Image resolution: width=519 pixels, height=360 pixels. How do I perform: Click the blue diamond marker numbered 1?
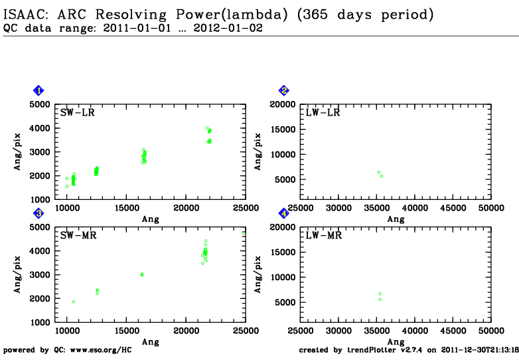tap(38, 90)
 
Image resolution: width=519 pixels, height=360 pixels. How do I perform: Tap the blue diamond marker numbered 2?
tap(284, 90)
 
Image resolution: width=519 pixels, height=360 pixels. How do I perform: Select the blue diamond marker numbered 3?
tap(38, 213)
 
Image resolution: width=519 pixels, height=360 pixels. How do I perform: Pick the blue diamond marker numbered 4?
tap(284, 213)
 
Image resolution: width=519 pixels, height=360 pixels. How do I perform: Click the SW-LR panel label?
tap(78, 113)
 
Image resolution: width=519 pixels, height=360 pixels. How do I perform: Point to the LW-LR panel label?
tap(323, 113)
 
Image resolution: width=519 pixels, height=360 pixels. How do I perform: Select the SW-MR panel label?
tap(78, 236)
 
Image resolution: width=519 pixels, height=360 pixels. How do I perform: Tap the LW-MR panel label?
tap(323, 236)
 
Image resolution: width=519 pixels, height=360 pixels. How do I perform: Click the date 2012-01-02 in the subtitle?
tap(228, 28)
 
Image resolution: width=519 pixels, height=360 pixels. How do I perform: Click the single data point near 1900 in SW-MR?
tap(74, 302)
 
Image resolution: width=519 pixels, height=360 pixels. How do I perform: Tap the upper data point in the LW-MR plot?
tap(380, 294)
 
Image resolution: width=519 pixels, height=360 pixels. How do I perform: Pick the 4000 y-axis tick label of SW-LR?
tap(40, 128)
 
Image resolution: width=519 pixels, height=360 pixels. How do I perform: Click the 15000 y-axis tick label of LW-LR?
tap(283, 130)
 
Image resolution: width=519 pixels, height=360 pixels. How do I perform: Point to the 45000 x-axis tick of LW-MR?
tap(453, 331)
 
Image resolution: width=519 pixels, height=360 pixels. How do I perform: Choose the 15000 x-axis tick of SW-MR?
tap(127, 331)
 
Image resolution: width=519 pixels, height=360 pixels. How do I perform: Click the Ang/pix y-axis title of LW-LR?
tap(258, 151)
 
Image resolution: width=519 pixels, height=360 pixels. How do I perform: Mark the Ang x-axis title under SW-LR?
tap(151, 219)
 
